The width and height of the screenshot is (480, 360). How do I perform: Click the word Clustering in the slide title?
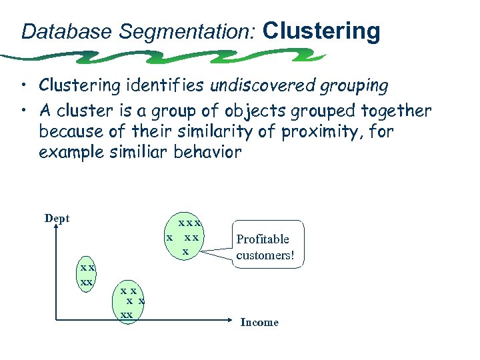click(321, 31)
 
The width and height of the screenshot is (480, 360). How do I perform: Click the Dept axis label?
click(57, 218)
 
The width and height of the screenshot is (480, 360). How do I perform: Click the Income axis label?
click(259, 323)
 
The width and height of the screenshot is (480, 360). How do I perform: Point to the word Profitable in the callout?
click(263, 239)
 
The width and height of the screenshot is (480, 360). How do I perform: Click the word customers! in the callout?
click(265, 255)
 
